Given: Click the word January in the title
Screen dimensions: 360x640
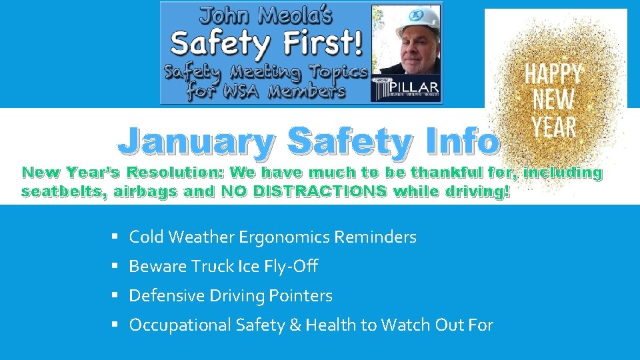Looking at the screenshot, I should [x=195, y=141].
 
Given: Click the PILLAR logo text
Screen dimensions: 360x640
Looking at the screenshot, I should [x=415, y=88].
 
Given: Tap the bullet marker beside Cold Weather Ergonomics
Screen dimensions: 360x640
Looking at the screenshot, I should [x=115, y=237].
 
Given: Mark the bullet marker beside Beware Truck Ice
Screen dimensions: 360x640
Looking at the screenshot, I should [x=115, y=266].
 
